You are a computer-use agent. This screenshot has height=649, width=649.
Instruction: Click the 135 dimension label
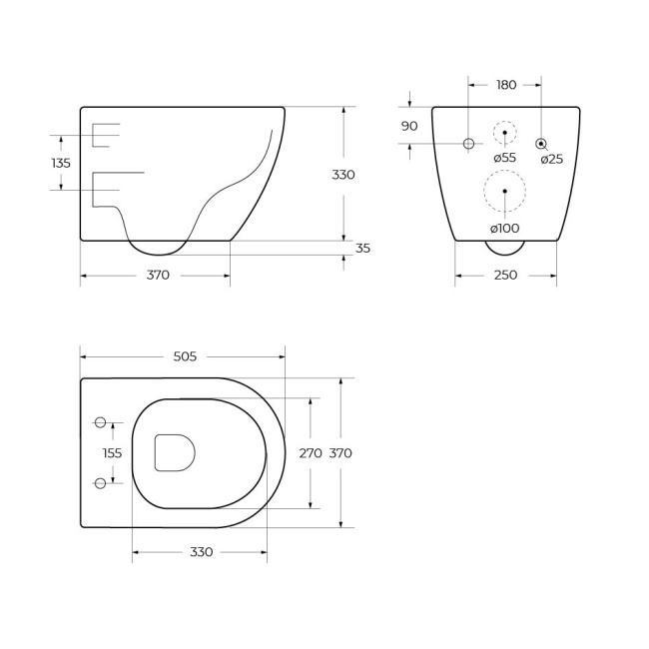61,163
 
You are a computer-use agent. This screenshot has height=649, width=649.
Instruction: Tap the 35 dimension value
363,249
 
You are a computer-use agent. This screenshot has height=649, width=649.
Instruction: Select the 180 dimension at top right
506,85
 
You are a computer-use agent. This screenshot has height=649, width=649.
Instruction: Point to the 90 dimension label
409,126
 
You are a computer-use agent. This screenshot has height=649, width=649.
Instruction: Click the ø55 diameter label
505,158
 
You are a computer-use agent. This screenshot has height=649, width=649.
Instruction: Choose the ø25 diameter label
552,159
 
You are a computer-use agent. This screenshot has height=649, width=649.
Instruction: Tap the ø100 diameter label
505,228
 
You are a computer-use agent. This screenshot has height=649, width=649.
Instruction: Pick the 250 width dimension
505,275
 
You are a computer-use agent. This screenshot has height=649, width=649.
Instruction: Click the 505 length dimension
185,356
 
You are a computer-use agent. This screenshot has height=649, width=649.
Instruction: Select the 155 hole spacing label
112,453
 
